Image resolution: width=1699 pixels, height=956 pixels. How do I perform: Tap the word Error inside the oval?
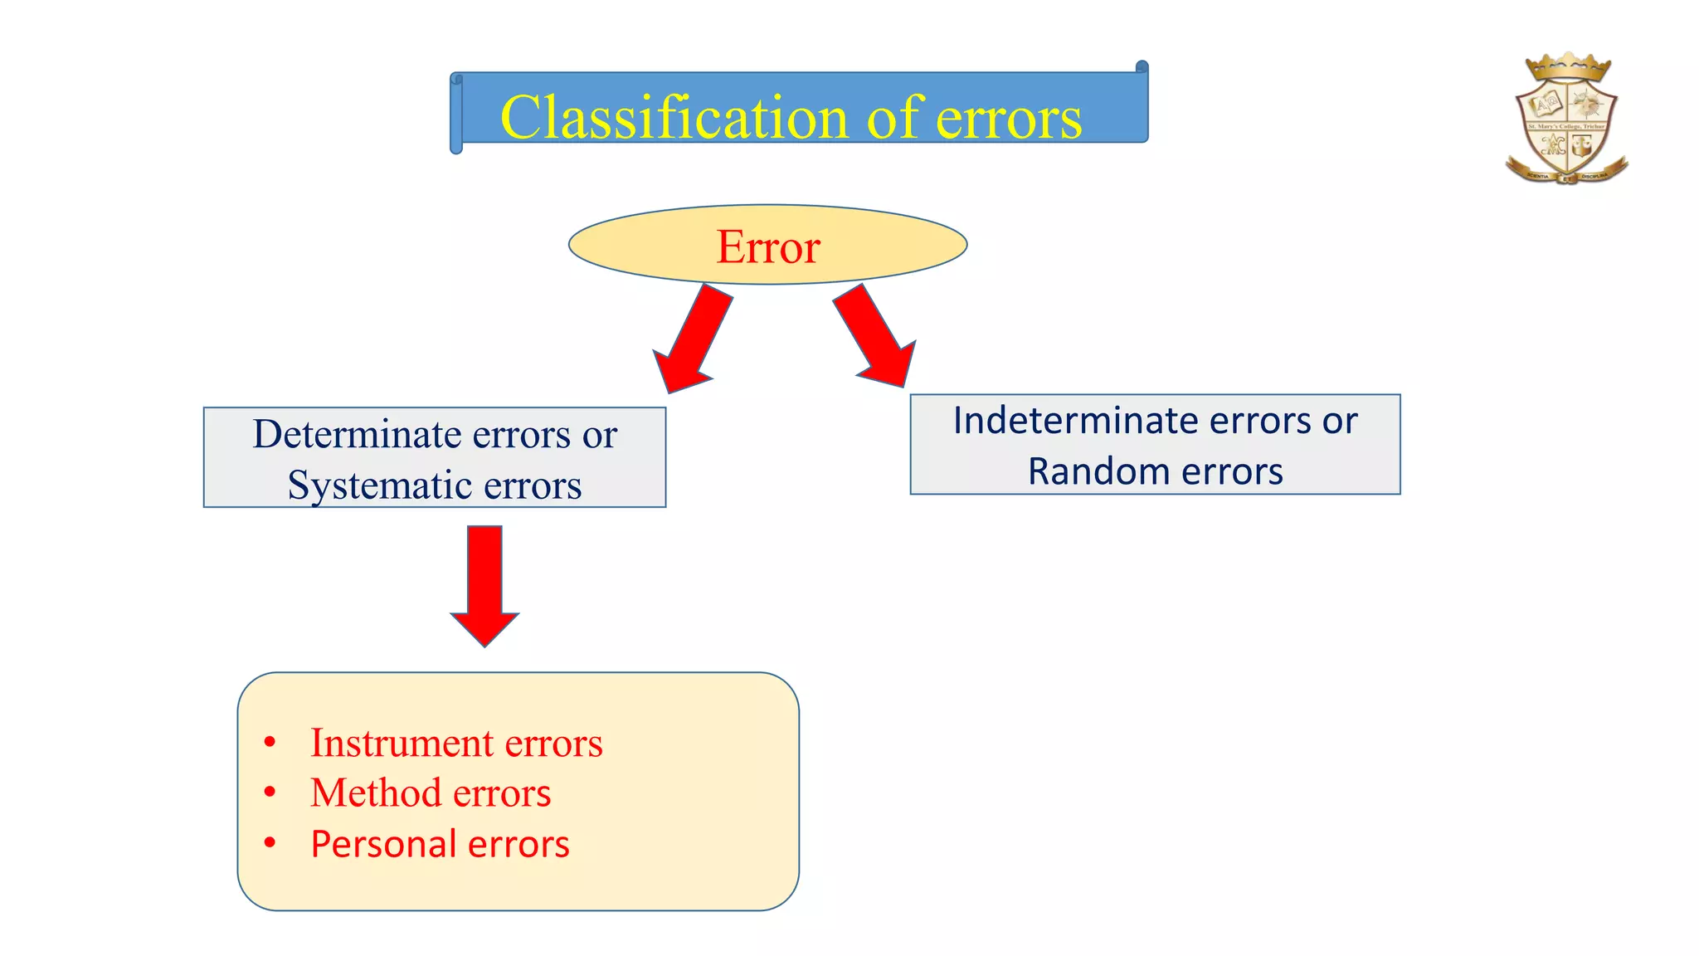point(768,246)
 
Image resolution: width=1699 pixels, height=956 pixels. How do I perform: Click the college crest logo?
point(1566,120)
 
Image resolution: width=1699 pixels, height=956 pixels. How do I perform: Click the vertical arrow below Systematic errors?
point(484,584)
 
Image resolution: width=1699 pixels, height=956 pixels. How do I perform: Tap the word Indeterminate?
point(1075,421)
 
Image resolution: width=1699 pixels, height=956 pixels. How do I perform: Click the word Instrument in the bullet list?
point(402,743)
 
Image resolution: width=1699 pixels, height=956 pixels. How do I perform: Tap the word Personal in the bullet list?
point(382,844)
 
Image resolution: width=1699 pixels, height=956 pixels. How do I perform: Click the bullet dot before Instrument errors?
point(270,742)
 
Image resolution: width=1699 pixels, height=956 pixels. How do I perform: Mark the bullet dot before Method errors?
point(270,793)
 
